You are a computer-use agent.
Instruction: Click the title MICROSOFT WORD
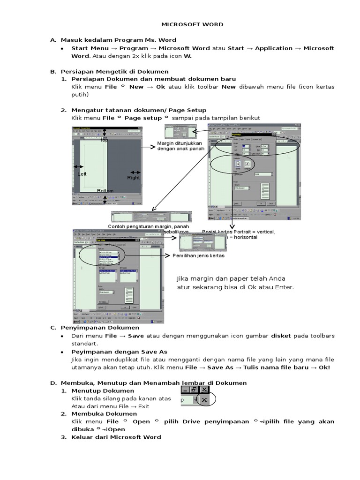(x=192, y=24)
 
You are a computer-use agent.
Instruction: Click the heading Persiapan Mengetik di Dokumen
(x=114, y=72)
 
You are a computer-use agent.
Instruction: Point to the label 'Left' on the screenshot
(x=82, y=174)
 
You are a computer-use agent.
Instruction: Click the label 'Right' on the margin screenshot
(x=134, y=178)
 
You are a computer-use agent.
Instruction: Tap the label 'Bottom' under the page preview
(x=105, y=191)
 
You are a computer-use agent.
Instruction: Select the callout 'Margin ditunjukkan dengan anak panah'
(x=180, y=146)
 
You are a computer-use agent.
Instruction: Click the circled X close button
(x=204, y=399)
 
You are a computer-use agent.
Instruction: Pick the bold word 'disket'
(x=281, y=336)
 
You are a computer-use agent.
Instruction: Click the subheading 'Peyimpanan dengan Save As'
(x=119, y=352)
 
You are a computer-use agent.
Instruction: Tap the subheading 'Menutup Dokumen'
(x=103, y=390)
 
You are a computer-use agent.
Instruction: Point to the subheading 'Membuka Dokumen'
(x=104, y=414)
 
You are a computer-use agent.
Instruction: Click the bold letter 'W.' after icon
(x=187, y=56)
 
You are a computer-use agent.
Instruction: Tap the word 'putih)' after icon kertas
(x=80, y=94)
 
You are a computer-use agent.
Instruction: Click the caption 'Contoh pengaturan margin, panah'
(x=145, y=227)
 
